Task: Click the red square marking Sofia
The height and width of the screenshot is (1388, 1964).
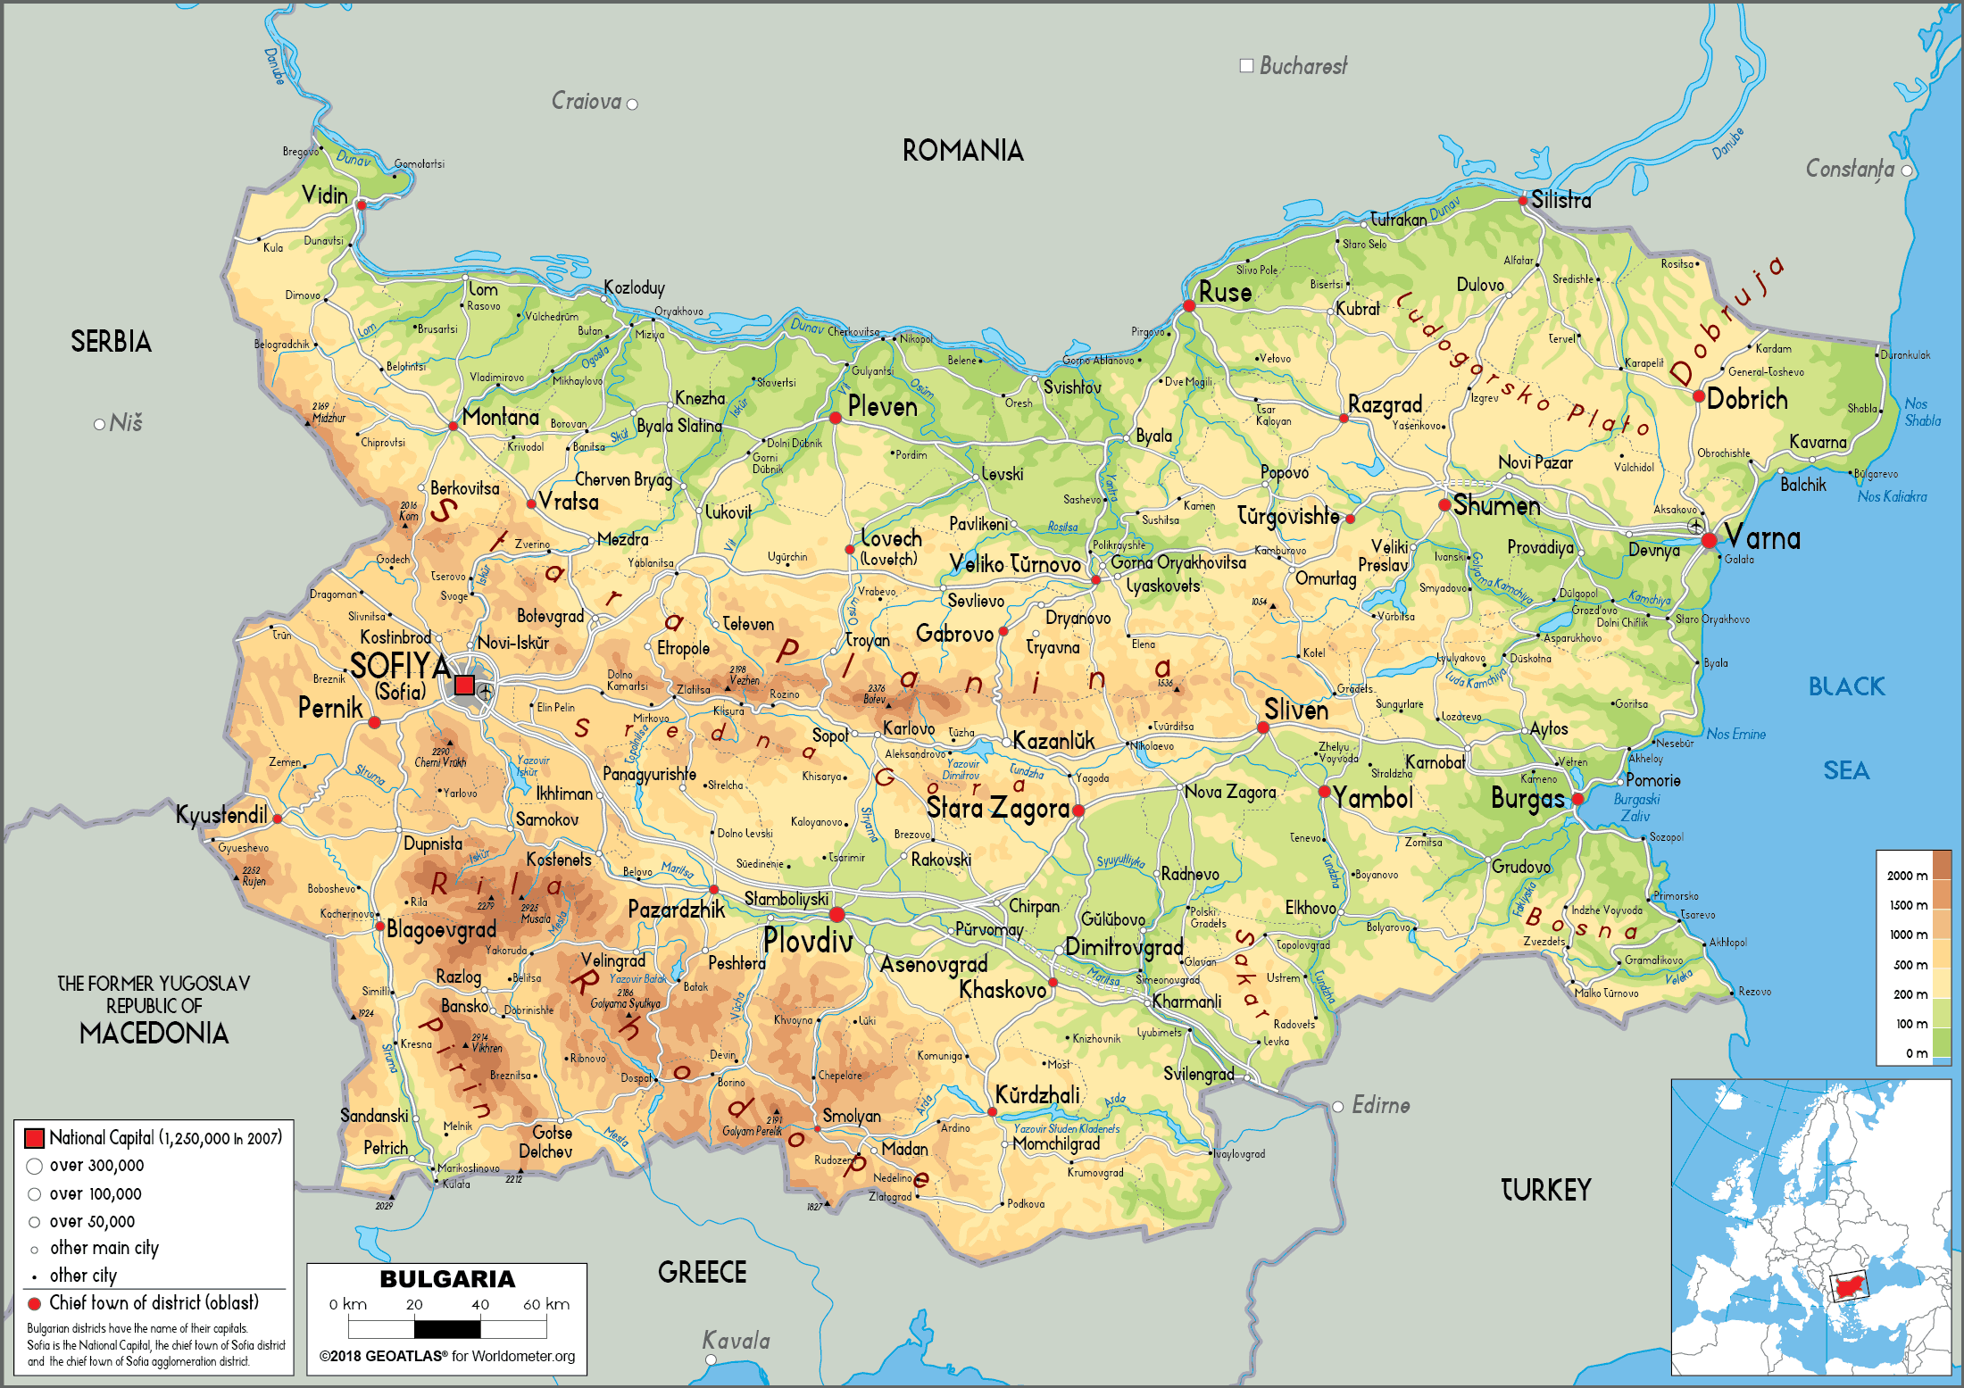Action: click(464, 685)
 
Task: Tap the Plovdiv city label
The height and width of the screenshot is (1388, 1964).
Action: click(808, 940)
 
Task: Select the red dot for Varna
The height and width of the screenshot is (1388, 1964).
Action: click(1709, 540)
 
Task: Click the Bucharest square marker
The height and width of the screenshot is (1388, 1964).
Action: click(1246, 65)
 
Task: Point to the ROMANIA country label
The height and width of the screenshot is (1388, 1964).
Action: click(962, 150)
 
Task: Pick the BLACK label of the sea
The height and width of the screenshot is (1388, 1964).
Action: click(1846, 686)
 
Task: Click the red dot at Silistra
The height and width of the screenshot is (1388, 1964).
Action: click(1523, 201)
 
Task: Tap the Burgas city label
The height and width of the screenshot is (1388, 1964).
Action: click(1527, 799)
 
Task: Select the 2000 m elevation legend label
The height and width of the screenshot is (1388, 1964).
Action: click(1907, 876)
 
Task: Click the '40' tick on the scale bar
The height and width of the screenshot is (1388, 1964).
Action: click(480, 1304)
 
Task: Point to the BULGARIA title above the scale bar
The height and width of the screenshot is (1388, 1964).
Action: click(447, 1279)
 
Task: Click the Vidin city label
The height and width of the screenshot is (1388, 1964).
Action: click(324, 195)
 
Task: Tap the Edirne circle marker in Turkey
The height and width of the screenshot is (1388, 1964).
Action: click(1337, 1107)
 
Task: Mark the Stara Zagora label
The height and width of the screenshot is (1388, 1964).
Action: click(997, 808)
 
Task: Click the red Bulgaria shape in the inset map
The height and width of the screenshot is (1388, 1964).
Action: click(1848, 1286)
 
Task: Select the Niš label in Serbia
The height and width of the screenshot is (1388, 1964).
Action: click(126, 423)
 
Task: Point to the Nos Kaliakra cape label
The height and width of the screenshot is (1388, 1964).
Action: click(1892, 497)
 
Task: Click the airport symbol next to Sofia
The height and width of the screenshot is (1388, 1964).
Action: click(485, 691)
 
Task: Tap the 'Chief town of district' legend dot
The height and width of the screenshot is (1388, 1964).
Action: click(35, 1303)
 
